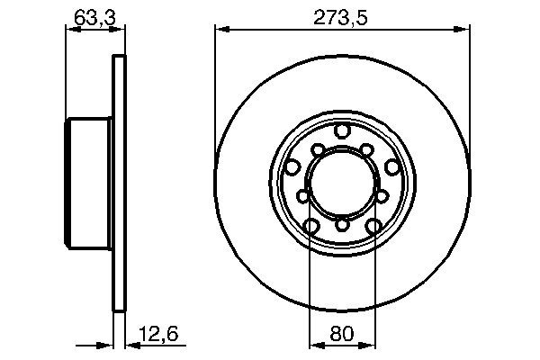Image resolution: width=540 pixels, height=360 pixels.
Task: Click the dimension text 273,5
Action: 342,15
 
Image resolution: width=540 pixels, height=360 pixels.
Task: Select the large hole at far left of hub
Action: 292,166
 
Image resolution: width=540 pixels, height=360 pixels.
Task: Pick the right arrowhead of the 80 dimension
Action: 369,344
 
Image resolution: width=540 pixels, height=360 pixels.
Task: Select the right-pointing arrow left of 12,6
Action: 103,344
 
